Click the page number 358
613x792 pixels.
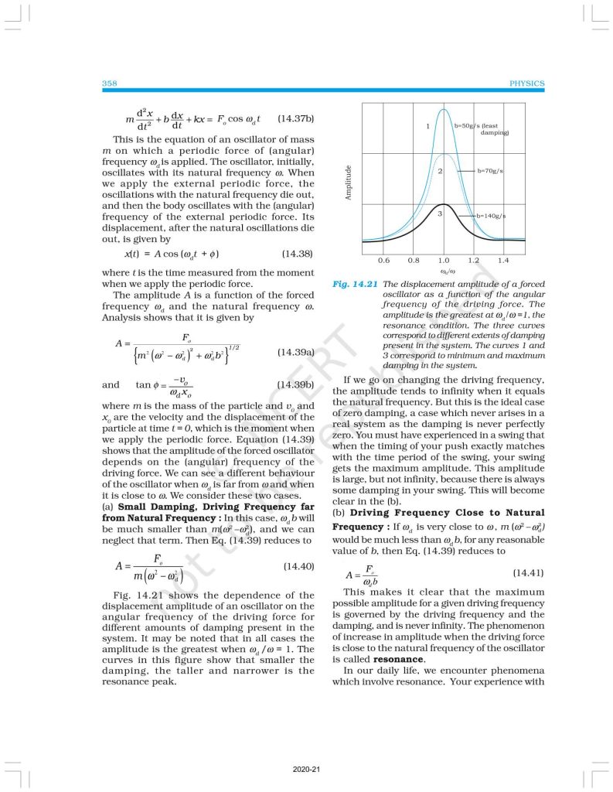pos(108,84)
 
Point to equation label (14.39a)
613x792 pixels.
pos(295,353)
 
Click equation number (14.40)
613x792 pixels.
pos(296,566)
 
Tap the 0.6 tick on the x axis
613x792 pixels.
pos(384,261)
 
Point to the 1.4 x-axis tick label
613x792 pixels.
pos(504,261)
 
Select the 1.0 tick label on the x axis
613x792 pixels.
pos(444,261)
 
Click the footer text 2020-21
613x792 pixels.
pos(306,770)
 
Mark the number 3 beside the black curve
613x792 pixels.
pos(439,212)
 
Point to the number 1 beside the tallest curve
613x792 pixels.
pos(427,125)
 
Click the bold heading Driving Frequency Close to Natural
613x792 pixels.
pos(447,513)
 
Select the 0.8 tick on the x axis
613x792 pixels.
pos(414,261)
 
